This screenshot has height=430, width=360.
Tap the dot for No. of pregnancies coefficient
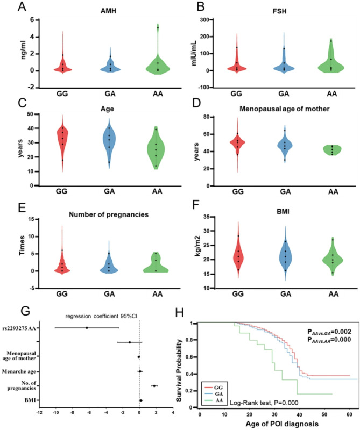pos(154,386)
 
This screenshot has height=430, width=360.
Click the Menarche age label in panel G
pos(23,371)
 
